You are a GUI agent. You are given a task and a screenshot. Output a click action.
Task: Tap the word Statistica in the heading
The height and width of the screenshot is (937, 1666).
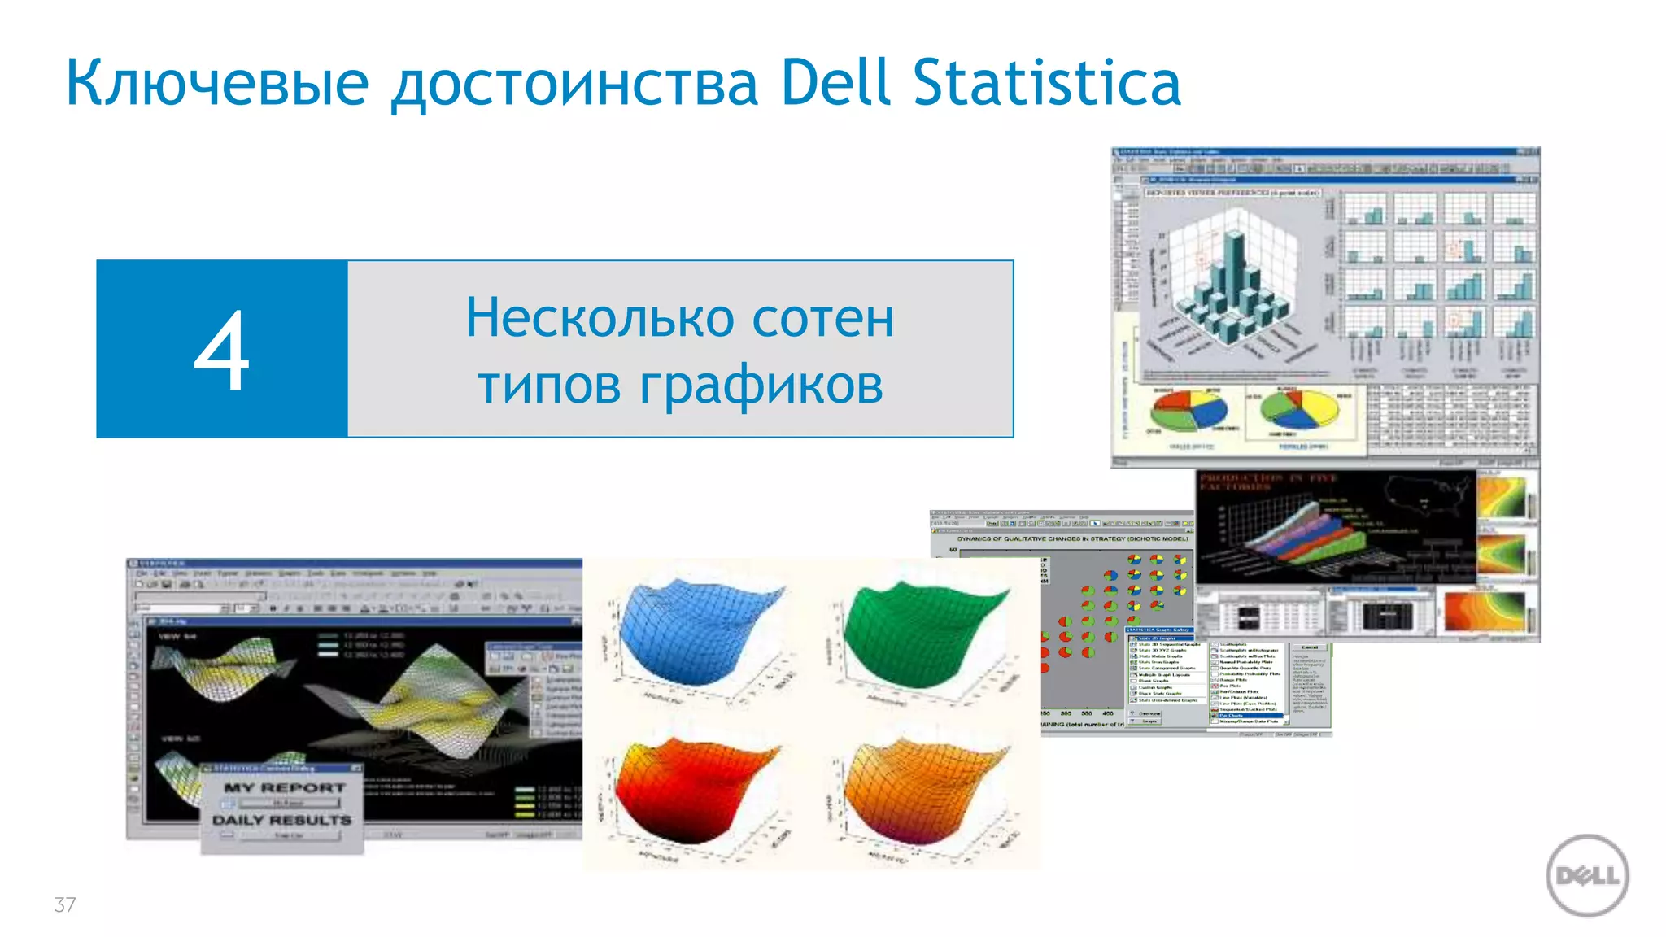[x=1046, y=83]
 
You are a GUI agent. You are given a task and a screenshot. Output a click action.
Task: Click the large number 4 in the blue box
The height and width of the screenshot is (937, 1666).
[x=221, y=350]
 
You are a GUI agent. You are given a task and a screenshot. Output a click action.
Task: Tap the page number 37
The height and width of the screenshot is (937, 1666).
[x=65, y=904]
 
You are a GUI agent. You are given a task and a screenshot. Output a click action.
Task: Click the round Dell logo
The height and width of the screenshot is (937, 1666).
[x=1587, y=876]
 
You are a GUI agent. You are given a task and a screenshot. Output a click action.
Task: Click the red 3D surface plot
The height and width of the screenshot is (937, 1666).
[x=696, y=793]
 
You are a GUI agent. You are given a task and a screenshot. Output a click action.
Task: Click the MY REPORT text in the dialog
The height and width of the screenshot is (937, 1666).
[x=285, y=787]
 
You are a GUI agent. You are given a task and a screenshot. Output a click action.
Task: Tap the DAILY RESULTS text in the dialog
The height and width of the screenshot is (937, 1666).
[x=282, y=820]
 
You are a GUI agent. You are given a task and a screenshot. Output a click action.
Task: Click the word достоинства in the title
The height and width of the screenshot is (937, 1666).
[x=575, y=83]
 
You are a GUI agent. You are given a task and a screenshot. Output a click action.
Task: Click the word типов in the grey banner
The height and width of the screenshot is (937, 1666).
[x=550, y=385]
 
